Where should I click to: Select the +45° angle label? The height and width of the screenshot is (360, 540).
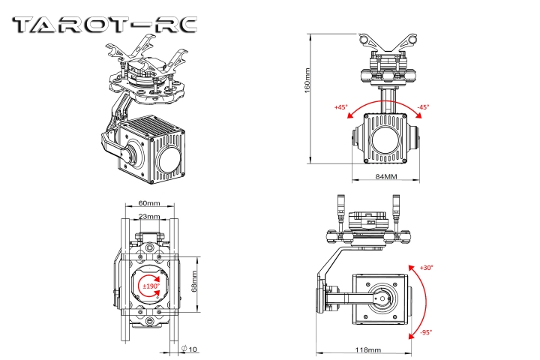tap(341, 107)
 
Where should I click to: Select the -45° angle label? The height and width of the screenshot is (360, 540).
tap(423, 107)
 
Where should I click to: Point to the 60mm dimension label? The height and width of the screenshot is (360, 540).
tap(149, 203)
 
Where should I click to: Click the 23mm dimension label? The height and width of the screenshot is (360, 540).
tap(149, 216)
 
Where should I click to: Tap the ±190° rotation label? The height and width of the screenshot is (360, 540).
tap(151, 286)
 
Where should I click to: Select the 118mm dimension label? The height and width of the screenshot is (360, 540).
tap(367, 349)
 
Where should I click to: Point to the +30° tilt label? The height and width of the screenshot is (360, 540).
tap(426, 268)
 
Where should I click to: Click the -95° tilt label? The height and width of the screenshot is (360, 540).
tap(424, 332)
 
